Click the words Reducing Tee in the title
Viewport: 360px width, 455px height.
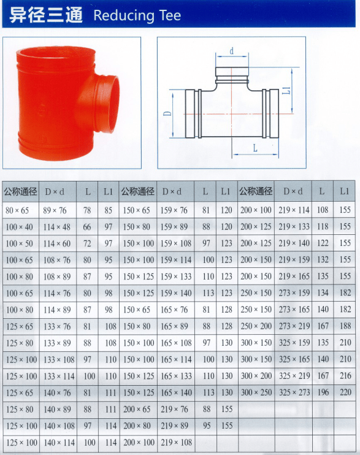[137, 15]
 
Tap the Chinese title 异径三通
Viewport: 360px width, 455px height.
[46, 15]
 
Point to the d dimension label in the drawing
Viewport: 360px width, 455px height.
[232, 51]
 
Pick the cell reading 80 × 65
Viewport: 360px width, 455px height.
[17, 210]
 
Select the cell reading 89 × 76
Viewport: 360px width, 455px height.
[55, 210]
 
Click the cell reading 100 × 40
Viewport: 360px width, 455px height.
[19, 227]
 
